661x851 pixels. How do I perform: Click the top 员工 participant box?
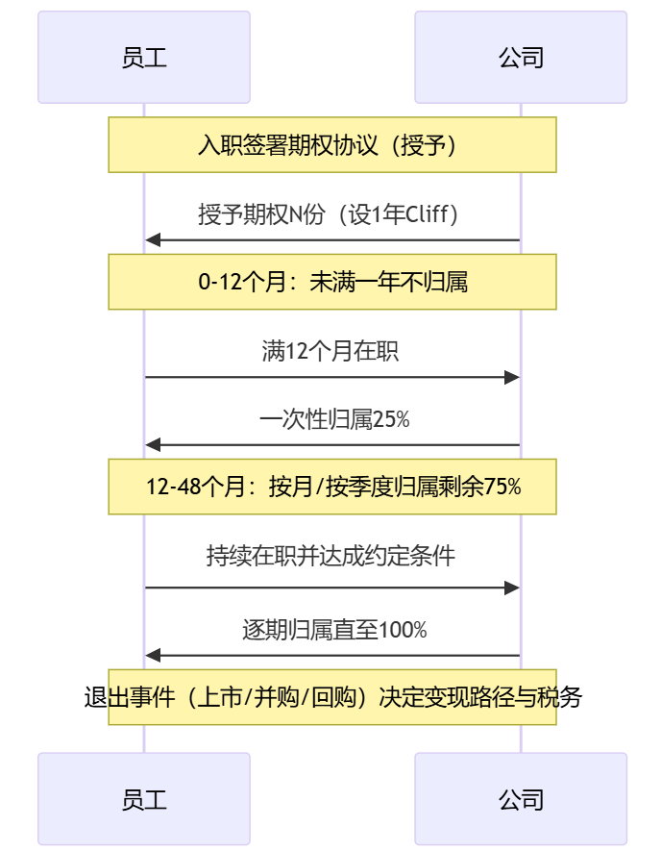(144, 57)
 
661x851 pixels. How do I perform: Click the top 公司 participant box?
(521, 57)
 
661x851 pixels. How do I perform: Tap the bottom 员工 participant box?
(144, 798)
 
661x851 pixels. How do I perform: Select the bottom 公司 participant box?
(521, 798)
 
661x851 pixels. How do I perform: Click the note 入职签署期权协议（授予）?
(332, 145)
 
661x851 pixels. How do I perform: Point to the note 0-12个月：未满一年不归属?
(332, 282)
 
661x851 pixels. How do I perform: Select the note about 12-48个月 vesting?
(332, 487)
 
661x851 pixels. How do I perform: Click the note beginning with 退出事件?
(332, 697)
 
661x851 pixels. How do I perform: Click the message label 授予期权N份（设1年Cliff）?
(332, 213)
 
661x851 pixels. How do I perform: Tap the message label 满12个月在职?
(330, 351)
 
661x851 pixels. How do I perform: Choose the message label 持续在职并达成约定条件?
(330, 556)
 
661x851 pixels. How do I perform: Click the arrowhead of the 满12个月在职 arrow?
(513, 377)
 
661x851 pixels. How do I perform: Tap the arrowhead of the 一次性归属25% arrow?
(153, 445)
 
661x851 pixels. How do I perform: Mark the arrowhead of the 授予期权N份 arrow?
(153, 240)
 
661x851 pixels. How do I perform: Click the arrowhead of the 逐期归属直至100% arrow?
(153, 656)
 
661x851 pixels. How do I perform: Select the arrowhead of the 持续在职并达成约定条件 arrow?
(513, 588)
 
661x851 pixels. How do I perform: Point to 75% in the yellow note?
(502, 487)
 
